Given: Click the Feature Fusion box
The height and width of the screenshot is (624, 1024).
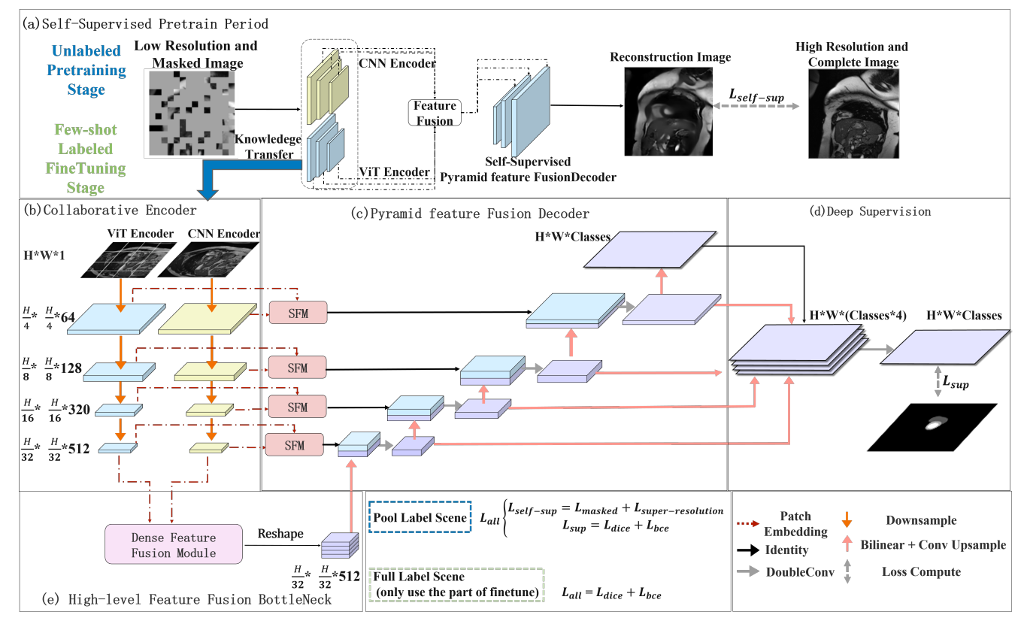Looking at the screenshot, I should (x=435, y=114).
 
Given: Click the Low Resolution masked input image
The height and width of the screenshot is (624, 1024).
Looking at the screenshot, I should (x=189, y=113).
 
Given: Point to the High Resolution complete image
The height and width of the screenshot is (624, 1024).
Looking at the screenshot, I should (x=852, y=114).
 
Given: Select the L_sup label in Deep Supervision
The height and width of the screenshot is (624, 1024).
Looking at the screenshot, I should (x=956, y=384).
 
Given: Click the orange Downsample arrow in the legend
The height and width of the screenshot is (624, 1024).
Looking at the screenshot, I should (x=848, y=519).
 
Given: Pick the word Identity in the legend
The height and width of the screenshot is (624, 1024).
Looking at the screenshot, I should (x=787, y=550).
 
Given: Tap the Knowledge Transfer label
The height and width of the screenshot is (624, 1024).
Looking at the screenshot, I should (x=270, y=147).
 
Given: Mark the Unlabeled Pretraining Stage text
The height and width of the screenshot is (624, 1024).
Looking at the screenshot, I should (x=86, y=70).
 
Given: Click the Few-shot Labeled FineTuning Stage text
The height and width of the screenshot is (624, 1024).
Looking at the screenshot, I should (x=86, y=159).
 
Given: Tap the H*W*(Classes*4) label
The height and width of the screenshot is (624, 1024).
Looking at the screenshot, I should (x=856, y=316).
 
